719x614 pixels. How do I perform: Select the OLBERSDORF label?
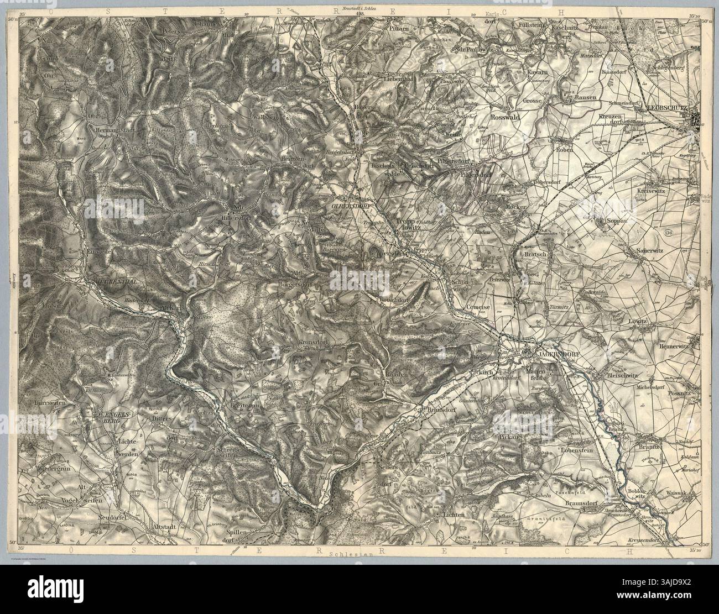coord(351,205)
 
